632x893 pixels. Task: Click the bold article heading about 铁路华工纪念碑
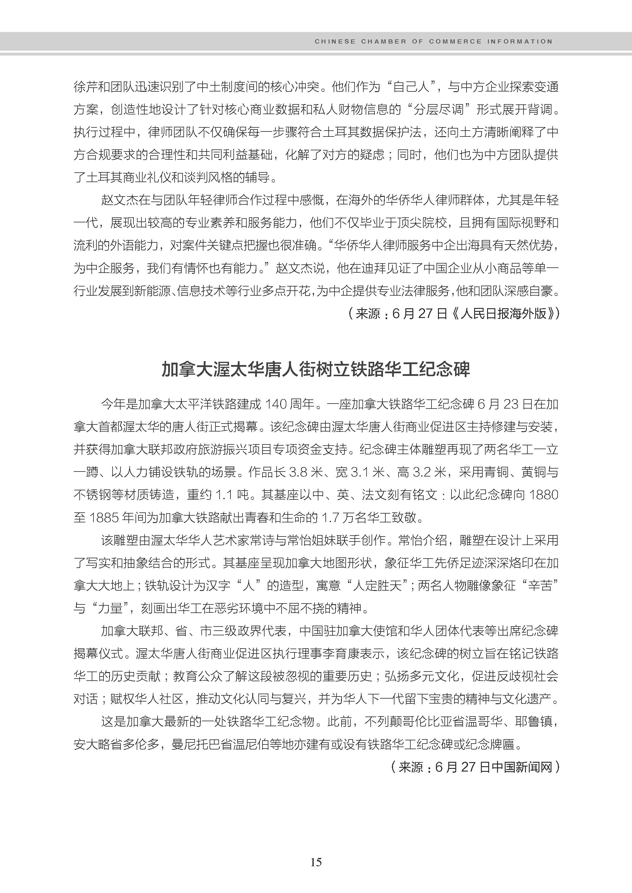pos(316,369)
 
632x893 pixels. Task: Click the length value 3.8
pos(299,472)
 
